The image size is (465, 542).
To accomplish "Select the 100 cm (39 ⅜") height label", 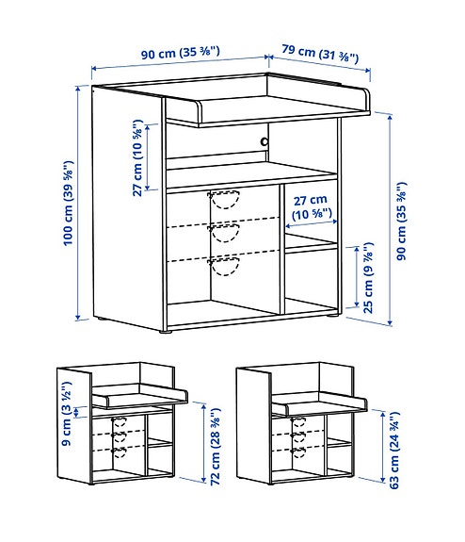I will [x=70, y=204].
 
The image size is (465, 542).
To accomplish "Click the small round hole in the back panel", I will [x=264, y=141].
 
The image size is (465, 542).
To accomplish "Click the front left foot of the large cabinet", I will [x=167, y=331].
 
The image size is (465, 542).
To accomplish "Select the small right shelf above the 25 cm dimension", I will [x=310, y=247].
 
